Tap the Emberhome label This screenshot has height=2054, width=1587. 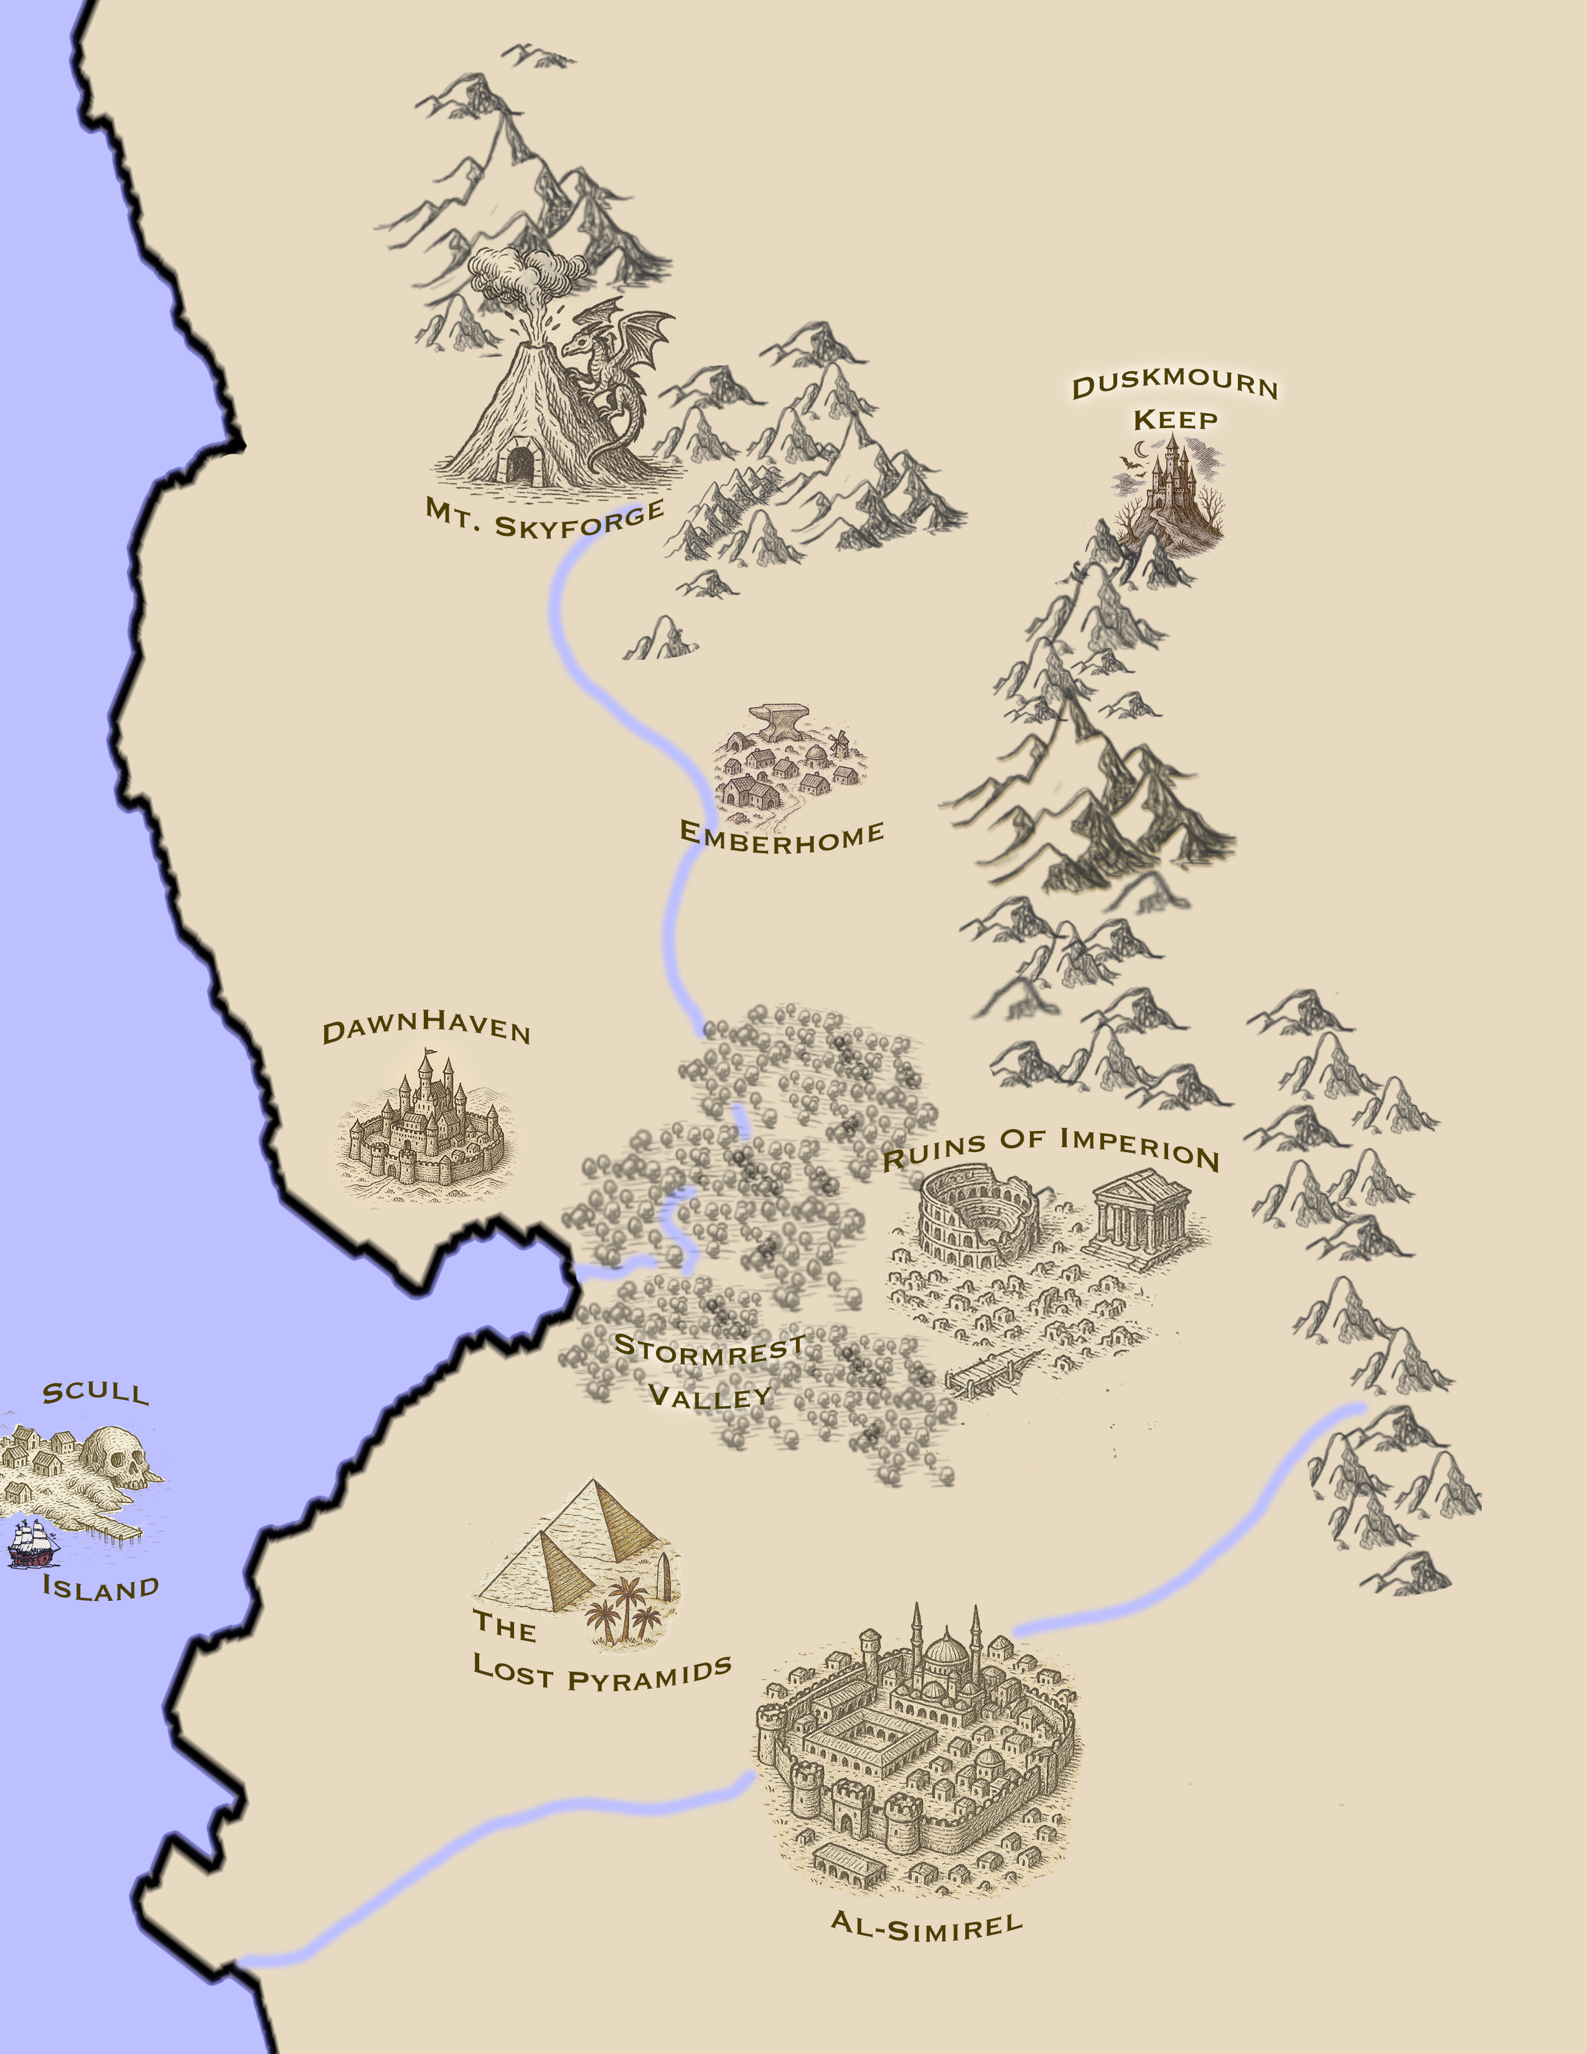[781, 836]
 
